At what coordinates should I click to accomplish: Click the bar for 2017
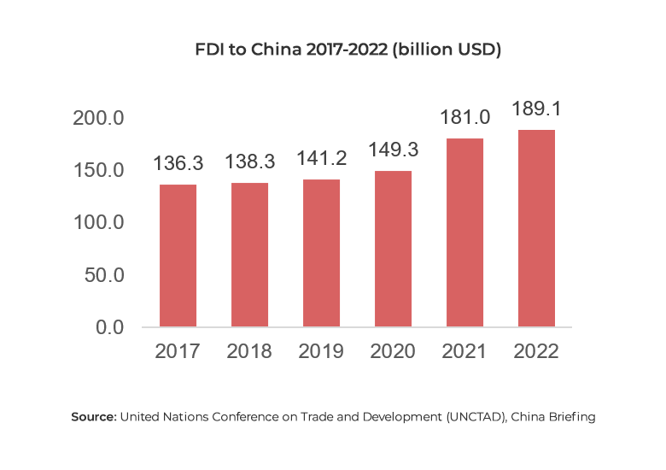coord(178,256)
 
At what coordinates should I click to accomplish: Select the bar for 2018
coord(249,256)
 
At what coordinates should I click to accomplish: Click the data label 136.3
coord(178,162)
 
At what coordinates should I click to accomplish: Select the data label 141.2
coord(320,158)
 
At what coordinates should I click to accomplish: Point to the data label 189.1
coord(535,109)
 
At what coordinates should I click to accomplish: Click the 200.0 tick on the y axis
coord(98,118)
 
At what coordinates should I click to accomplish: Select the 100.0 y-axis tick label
coord(98,222)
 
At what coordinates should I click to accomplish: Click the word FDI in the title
coord(210,50)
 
